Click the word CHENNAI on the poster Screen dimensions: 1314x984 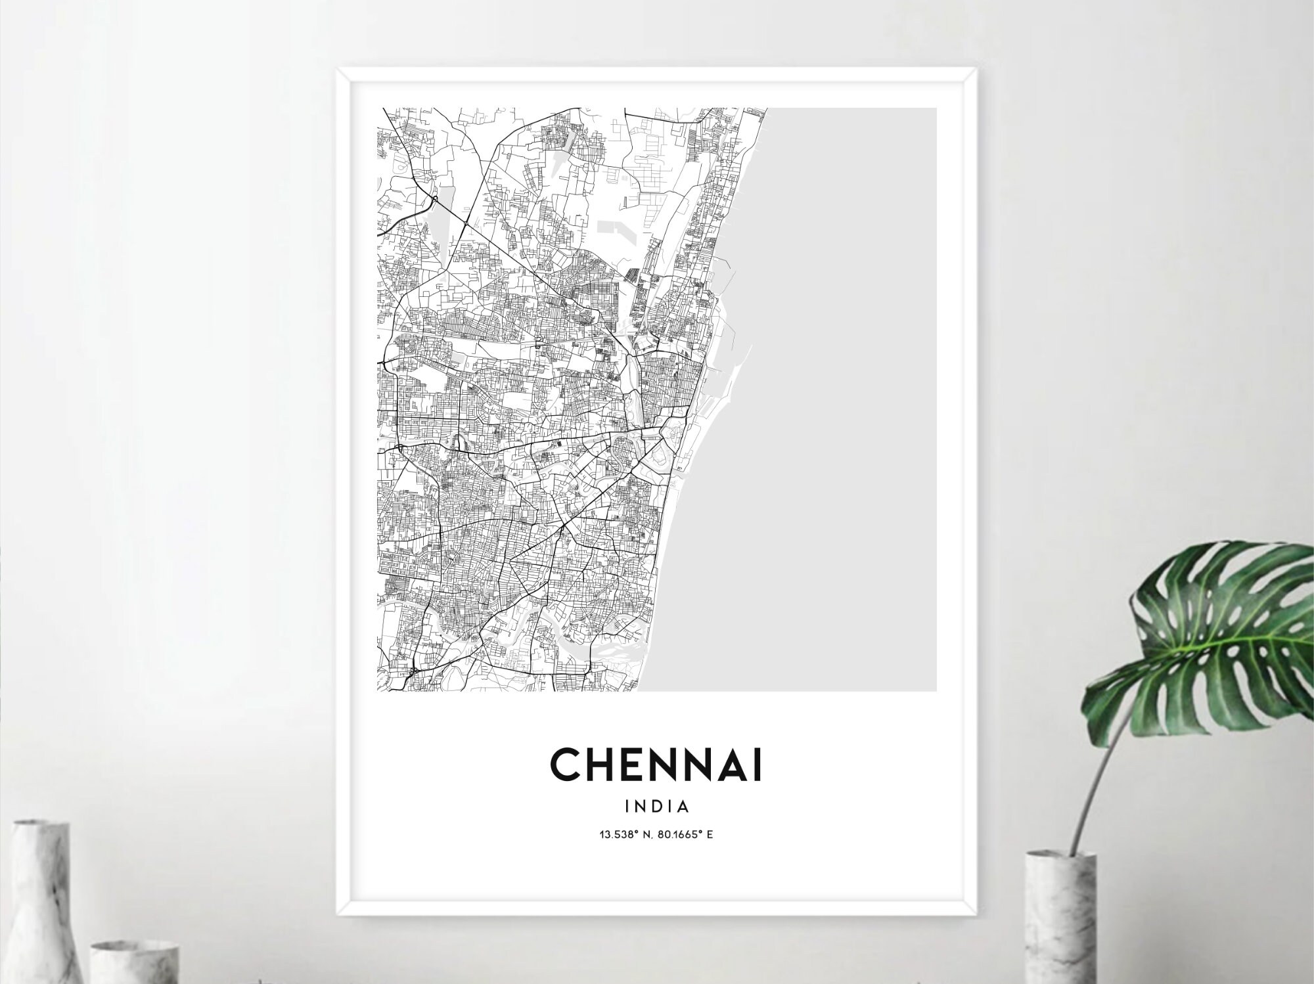tap(656, 766)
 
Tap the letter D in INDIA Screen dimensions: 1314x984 tap(658, 806)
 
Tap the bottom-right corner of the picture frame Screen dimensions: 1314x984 tap(977, 914)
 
